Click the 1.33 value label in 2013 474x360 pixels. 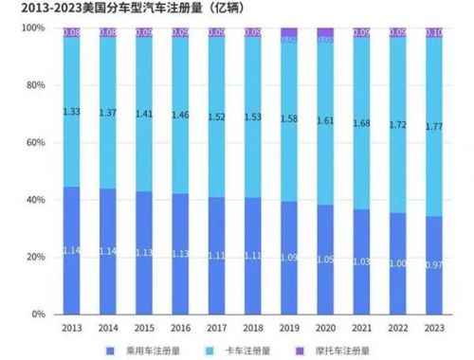coord(70,111)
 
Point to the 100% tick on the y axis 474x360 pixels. coord(32,28)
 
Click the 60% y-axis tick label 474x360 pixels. coord(34,143)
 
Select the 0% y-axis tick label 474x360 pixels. coord(38,314)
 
